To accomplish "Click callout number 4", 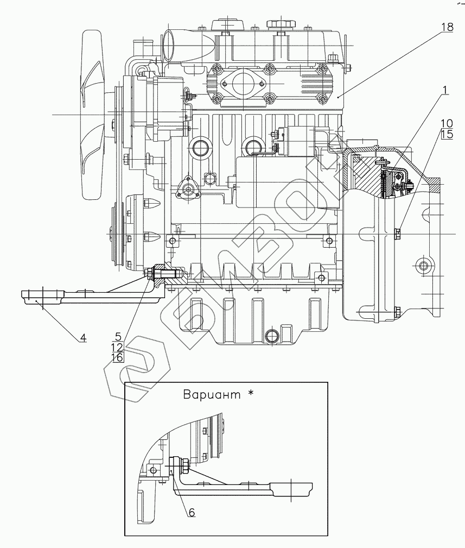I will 82,338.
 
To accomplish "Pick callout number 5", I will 117,336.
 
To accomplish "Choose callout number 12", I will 117,347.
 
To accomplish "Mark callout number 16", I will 117,357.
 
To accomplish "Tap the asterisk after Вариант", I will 250,393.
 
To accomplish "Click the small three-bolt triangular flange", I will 188,188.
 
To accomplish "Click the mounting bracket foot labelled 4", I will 43,298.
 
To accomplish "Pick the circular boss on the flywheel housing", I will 424,266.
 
